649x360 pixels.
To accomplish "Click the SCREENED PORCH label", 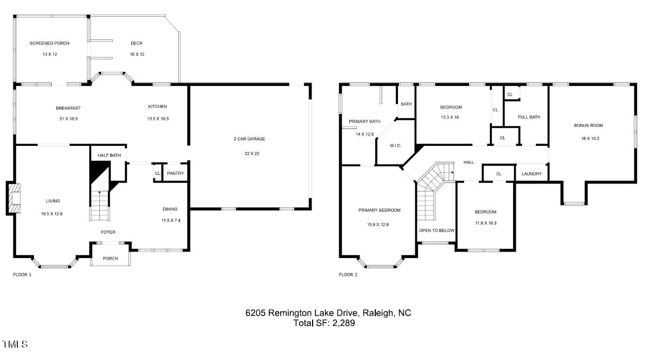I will point(49,43).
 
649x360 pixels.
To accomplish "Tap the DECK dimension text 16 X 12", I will point(137,55).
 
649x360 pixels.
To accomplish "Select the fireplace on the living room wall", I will point(13,198).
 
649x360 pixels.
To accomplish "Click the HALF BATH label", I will point(109,156).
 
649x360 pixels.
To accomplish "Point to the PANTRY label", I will point(175,173).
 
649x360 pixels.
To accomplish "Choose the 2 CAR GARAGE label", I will point(249,139).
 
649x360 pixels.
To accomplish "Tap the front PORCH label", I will point(110,259).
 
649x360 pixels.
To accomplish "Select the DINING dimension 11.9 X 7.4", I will point(170,220).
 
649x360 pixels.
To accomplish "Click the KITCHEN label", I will point(158,106).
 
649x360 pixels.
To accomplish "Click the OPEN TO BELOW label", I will point(437,230).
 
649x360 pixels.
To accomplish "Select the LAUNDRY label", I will point(532,174).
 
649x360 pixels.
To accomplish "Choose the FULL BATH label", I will point(529,117).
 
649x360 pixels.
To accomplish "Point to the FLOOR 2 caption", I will point(348,275).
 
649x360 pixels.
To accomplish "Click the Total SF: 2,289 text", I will point(324,323).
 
